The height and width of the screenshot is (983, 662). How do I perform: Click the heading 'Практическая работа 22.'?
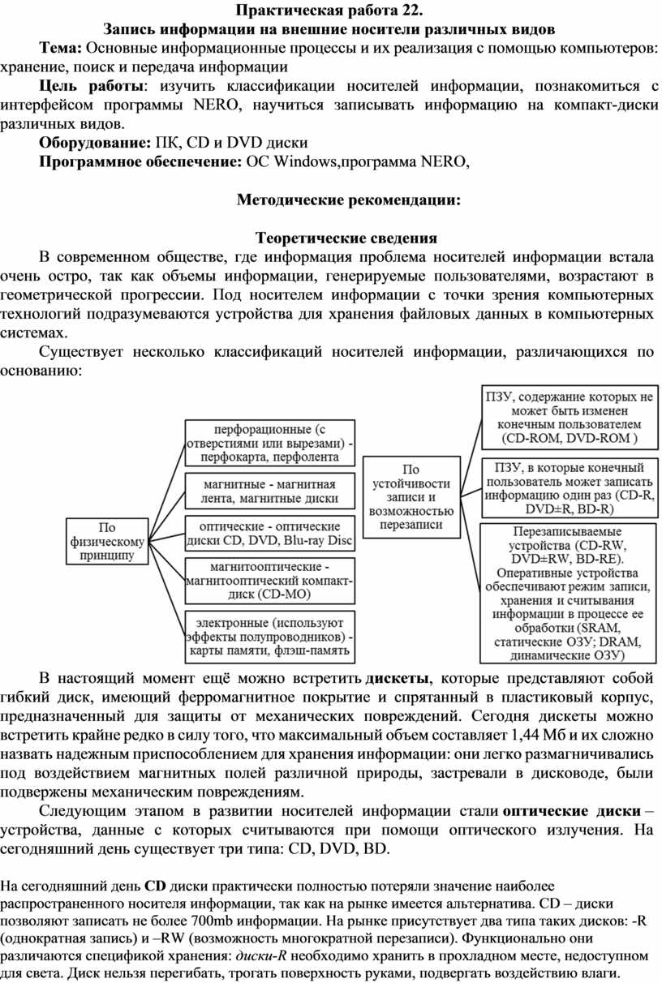click(x=330, y=11)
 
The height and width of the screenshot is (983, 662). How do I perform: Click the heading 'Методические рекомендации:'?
click(x=348, y=200)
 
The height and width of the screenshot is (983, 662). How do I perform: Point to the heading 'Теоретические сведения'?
click(x=346, y=238)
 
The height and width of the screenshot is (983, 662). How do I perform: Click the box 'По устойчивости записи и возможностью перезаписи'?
click(x=411, y=496)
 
